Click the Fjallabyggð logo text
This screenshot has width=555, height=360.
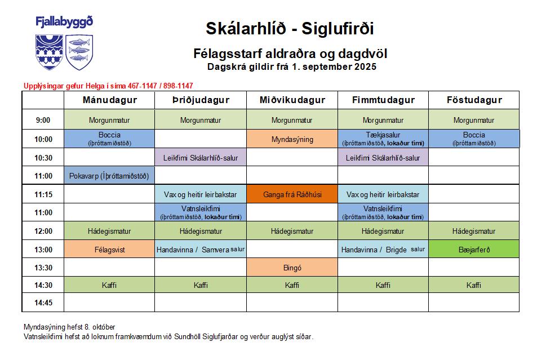tap(64, 23)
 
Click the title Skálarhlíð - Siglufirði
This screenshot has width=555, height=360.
tap(290, 28)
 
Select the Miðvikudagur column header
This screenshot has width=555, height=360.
tap(292, 100)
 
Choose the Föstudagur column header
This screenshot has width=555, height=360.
tap(474, 100)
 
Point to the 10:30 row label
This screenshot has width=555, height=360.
tap(43, 158)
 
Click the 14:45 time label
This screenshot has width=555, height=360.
tap(43, 303)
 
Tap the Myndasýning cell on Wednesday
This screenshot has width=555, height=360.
tap(292, 139)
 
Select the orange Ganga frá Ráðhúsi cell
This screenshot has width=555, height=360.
tap(292, 194)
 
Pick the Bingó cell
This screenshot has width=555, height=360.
tap(292, 268)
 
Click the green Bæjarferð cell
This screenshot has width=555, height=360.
tap(474, 249)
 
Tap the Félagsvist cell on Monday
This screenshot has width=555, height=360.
tap(109, 249)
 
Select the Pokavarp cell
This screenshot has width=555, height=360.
tap(109, 176)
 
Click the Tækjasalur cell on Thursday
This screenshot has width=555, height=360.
tap(383, 139)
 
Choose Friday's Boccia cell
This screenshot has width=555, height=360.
tap(474, 139)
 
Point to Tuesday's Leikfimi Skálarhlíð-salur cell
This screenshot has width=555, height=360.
tap(201, 158)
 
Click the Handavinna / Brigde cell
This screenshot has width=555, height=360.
tap(383, 249)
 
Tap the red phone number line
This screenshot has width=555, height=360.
tap(108, 86)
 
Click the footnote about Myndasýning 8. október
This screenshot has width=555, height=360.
tap(70, 327)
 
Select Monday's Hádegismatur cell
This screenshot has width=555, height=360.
tap(109, 231)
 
